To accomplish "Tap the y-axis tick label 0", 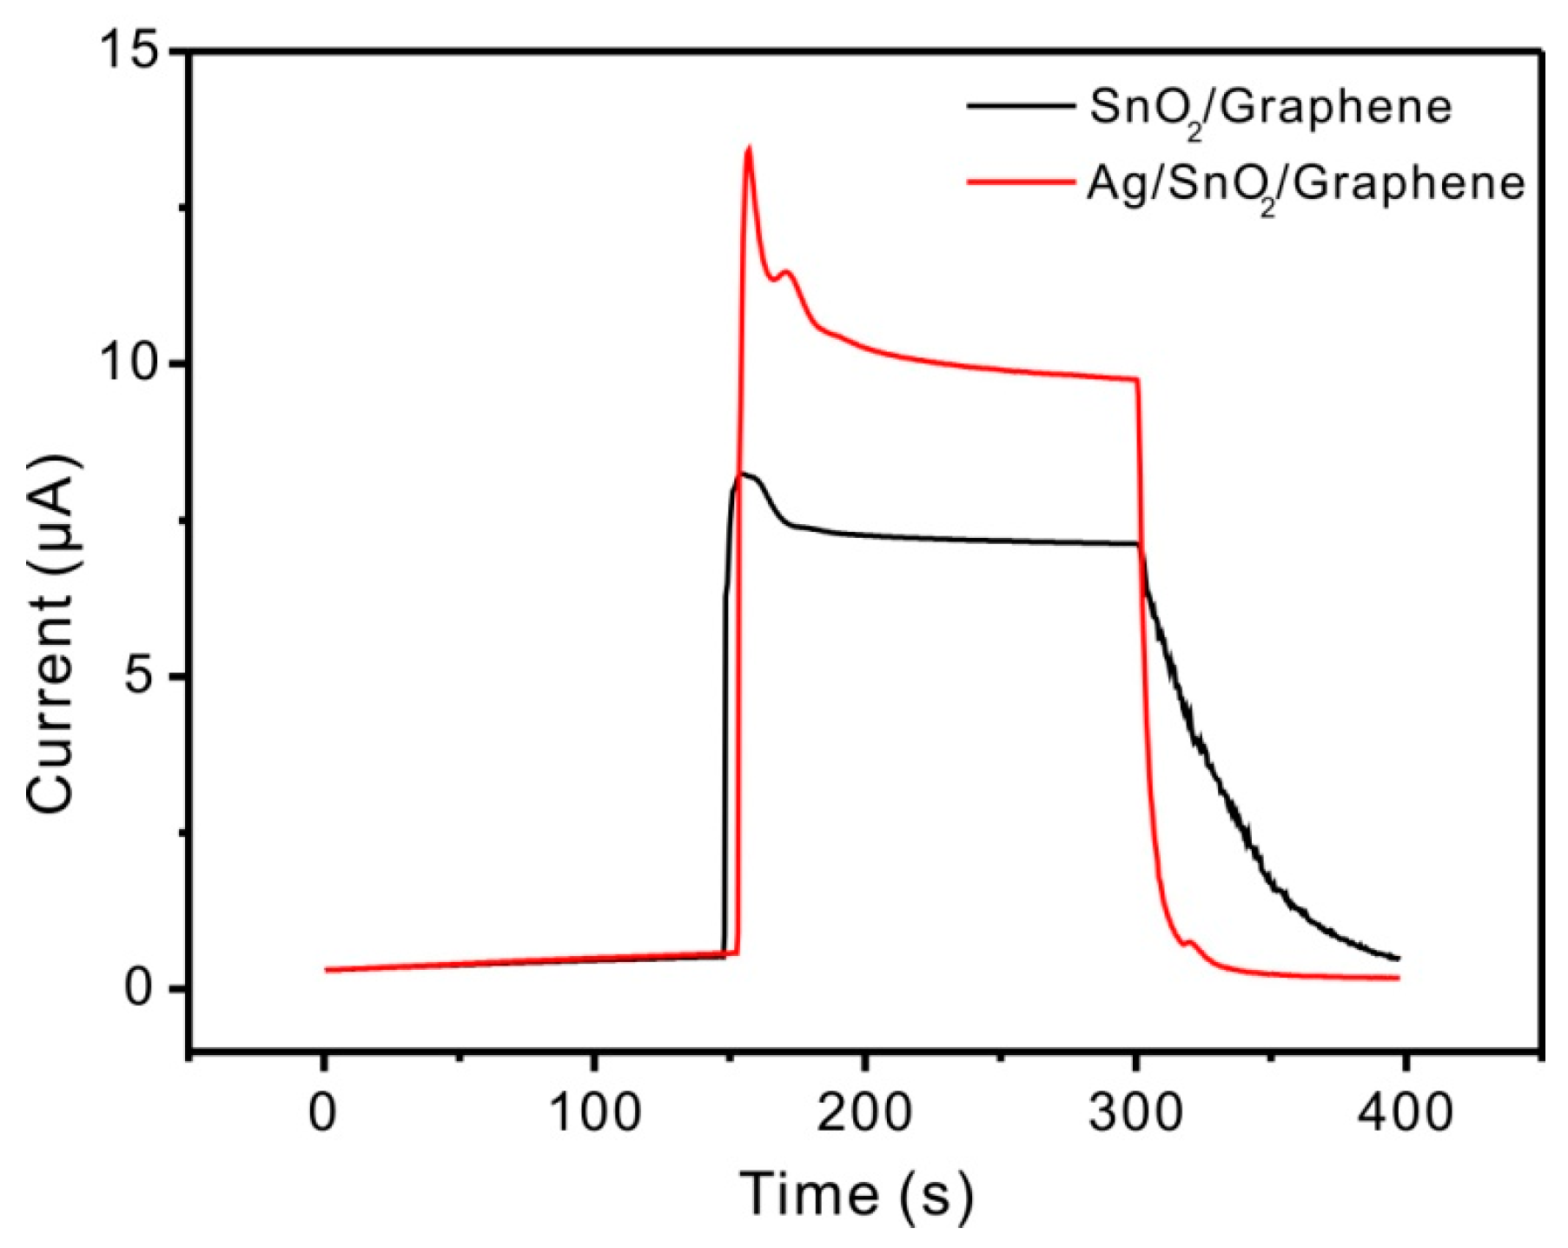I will coord(144,989).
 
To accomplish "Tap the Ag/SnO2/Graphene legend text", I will coord(1306,185).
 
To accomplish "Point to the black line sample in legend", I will coord(1020,106).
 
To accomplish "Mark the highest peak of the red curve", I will coord(748,148).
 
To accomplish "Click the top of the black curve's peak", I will coord(744,474).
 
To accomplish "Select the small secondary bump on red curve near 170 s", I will coord(788,273).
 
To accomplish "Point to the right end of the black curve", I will coord(1398,959).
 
